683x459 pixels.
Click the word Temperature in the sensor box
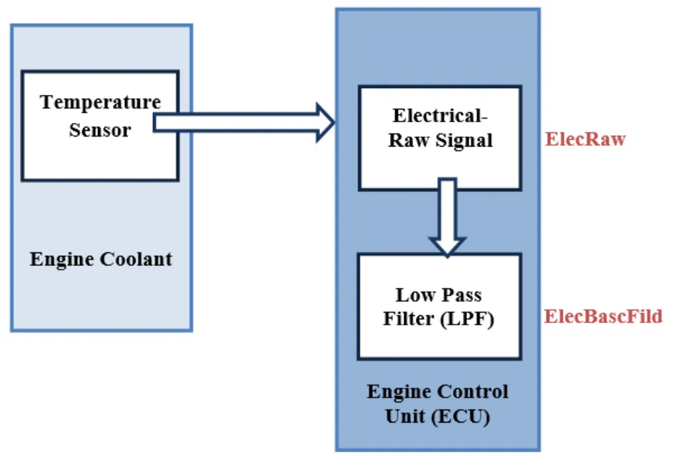101,102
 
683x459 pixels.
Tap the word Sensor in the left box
101,130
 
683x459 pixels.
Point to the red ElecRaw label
585,139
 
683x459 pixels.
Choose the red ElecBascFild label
604,315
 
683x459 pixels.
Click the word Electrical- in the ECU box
439,115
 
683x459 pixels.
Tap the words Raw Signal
439,140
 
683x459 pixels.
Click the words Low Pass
439,295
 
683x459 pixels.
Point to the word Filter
408,319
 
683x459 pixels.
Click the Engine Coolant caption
101,258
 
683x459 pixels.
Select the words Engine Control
438,392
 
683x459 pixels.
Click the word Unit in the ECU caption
404,416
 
